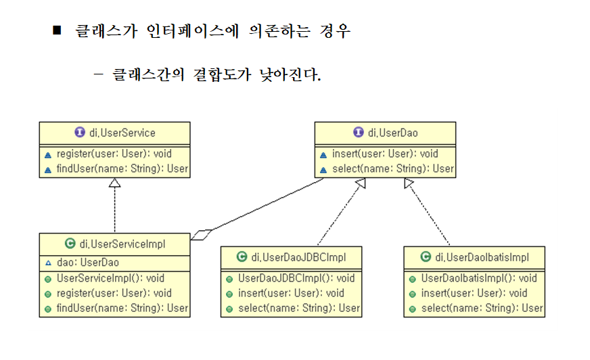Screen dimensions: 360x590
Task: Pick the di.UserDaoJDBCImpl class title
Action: pyautogui.click(x=298, y=257)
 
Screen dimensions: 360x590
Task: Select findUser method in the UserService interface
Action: pyautogui.click(x=122, y=169)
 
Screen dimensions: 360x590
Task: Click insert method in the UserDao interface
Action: pyautogui.click(x=384, y=154)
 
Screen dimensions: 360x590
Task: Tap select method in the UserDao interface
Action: pyautogui.click(x=392, y=169)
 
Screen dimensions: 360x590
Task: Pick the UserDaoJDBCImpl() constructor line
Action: pyautogui.click(x=296, y=278)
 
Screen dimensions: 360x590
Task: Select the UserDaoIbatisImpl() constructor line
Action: pyautogui.click(x=479, y=278)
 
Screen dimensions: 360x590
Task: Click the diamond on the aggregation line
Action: pyautogui.click(x=202, y=235)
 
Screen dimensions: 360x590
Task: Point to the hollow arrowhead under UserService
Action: pyautogui.click(x=115, y=183)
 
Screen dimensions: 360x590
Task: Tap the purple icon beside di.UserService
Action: pyautogui.click(x=80, y=133)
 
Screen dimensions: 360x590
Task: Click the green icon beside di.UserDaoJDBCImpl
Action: pyautogui.click(x=242, y=257)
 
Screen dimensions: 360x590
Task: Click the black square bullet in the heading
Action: pyautogui.click(x=57, y=31)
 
